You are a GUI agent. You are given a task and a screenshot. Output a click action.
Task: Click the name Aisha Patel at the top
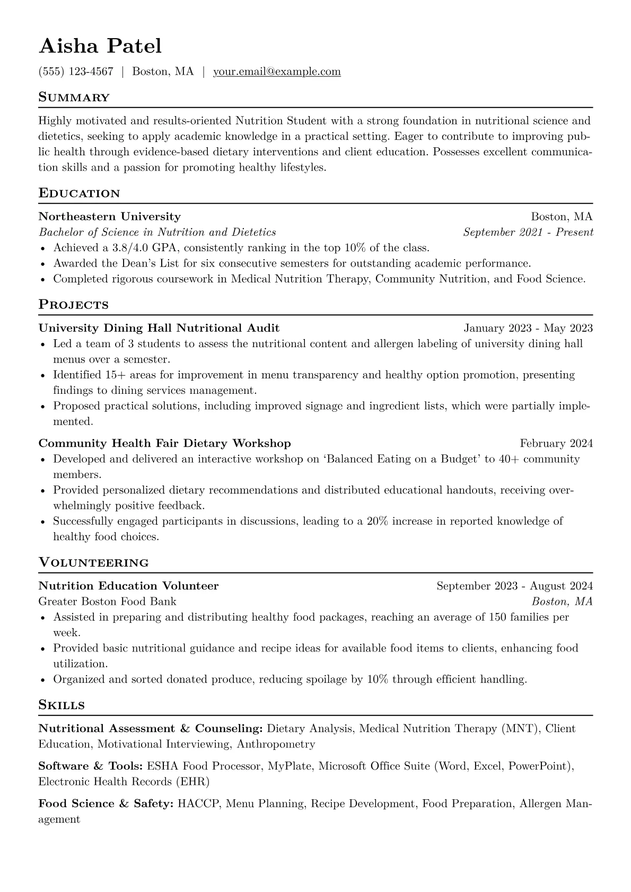(100, 46)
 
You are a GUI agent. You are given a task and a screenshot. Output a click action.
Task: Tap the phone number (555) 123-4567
(76, 72)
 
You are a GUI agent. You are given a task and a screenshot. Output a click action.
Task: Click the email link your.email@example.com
(277, 72)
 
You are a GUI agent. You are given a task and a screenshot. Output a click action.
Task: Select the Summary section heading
(74, 98)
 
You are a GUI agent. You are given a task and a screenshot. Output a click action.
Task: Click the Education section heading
(80, 193)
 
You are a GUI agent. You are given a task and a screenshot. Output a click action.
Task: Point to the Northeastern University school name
(110, 216)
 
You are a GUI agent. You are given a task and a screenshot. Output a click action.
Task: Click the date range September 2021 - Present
(528, 232)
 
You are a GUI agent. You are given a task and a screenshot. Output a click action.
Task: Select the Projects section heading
(74, 305)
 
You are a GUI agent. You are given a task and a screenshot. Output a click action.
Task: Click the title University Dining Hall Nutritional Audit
(159, 328)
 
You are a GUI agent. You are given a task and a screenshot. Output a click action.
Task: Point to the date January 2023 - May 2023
(528, 328)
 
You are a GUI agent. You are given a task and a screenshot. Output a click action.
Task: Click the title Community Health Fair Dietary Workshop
(165, 443)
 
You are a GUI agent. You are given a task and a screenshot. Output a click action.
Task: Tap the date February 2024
(556, 443)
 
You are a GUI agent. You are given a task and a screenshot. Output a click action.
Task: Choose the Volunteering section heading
(94, 562)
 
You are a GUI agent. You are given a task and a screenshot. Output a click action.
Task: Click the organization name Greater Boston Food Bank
(108, 602)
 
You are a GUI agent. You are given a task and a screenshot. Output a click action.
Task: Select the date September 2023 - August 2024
(514, 586)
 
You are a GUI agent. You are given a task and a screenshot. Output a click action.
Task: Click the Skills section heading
(62, 705)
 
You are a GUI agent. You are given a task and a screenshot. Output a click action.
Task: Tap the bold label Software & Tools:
(91, 766)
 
